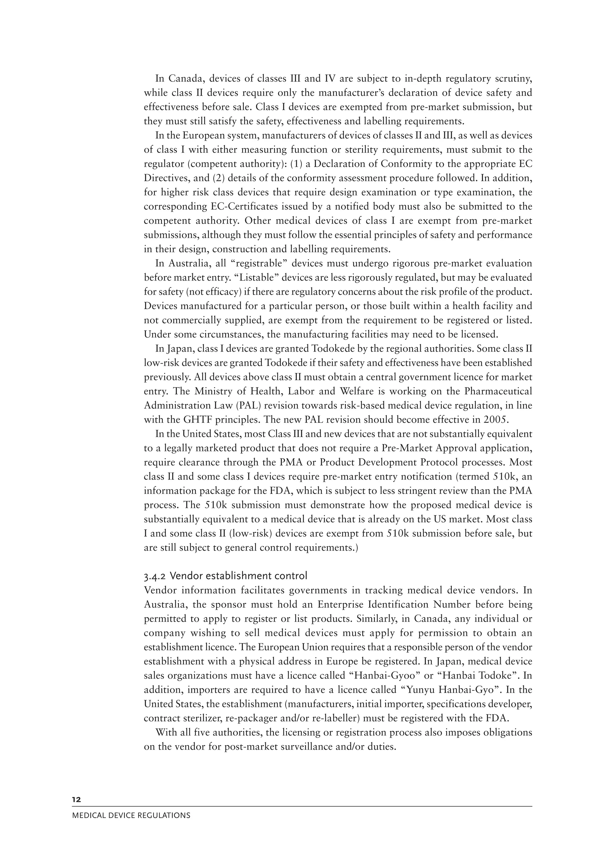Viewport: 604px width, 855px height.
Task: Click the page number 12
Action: coord(76,800)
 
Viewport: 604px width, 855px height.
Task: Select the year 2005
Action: coord(495,420)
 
